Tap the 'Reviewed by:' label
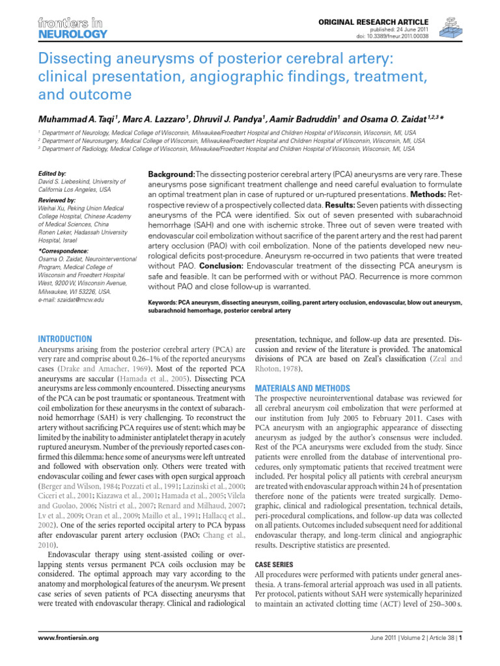(57, 201)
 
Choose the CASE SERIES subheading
(275, 565)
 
